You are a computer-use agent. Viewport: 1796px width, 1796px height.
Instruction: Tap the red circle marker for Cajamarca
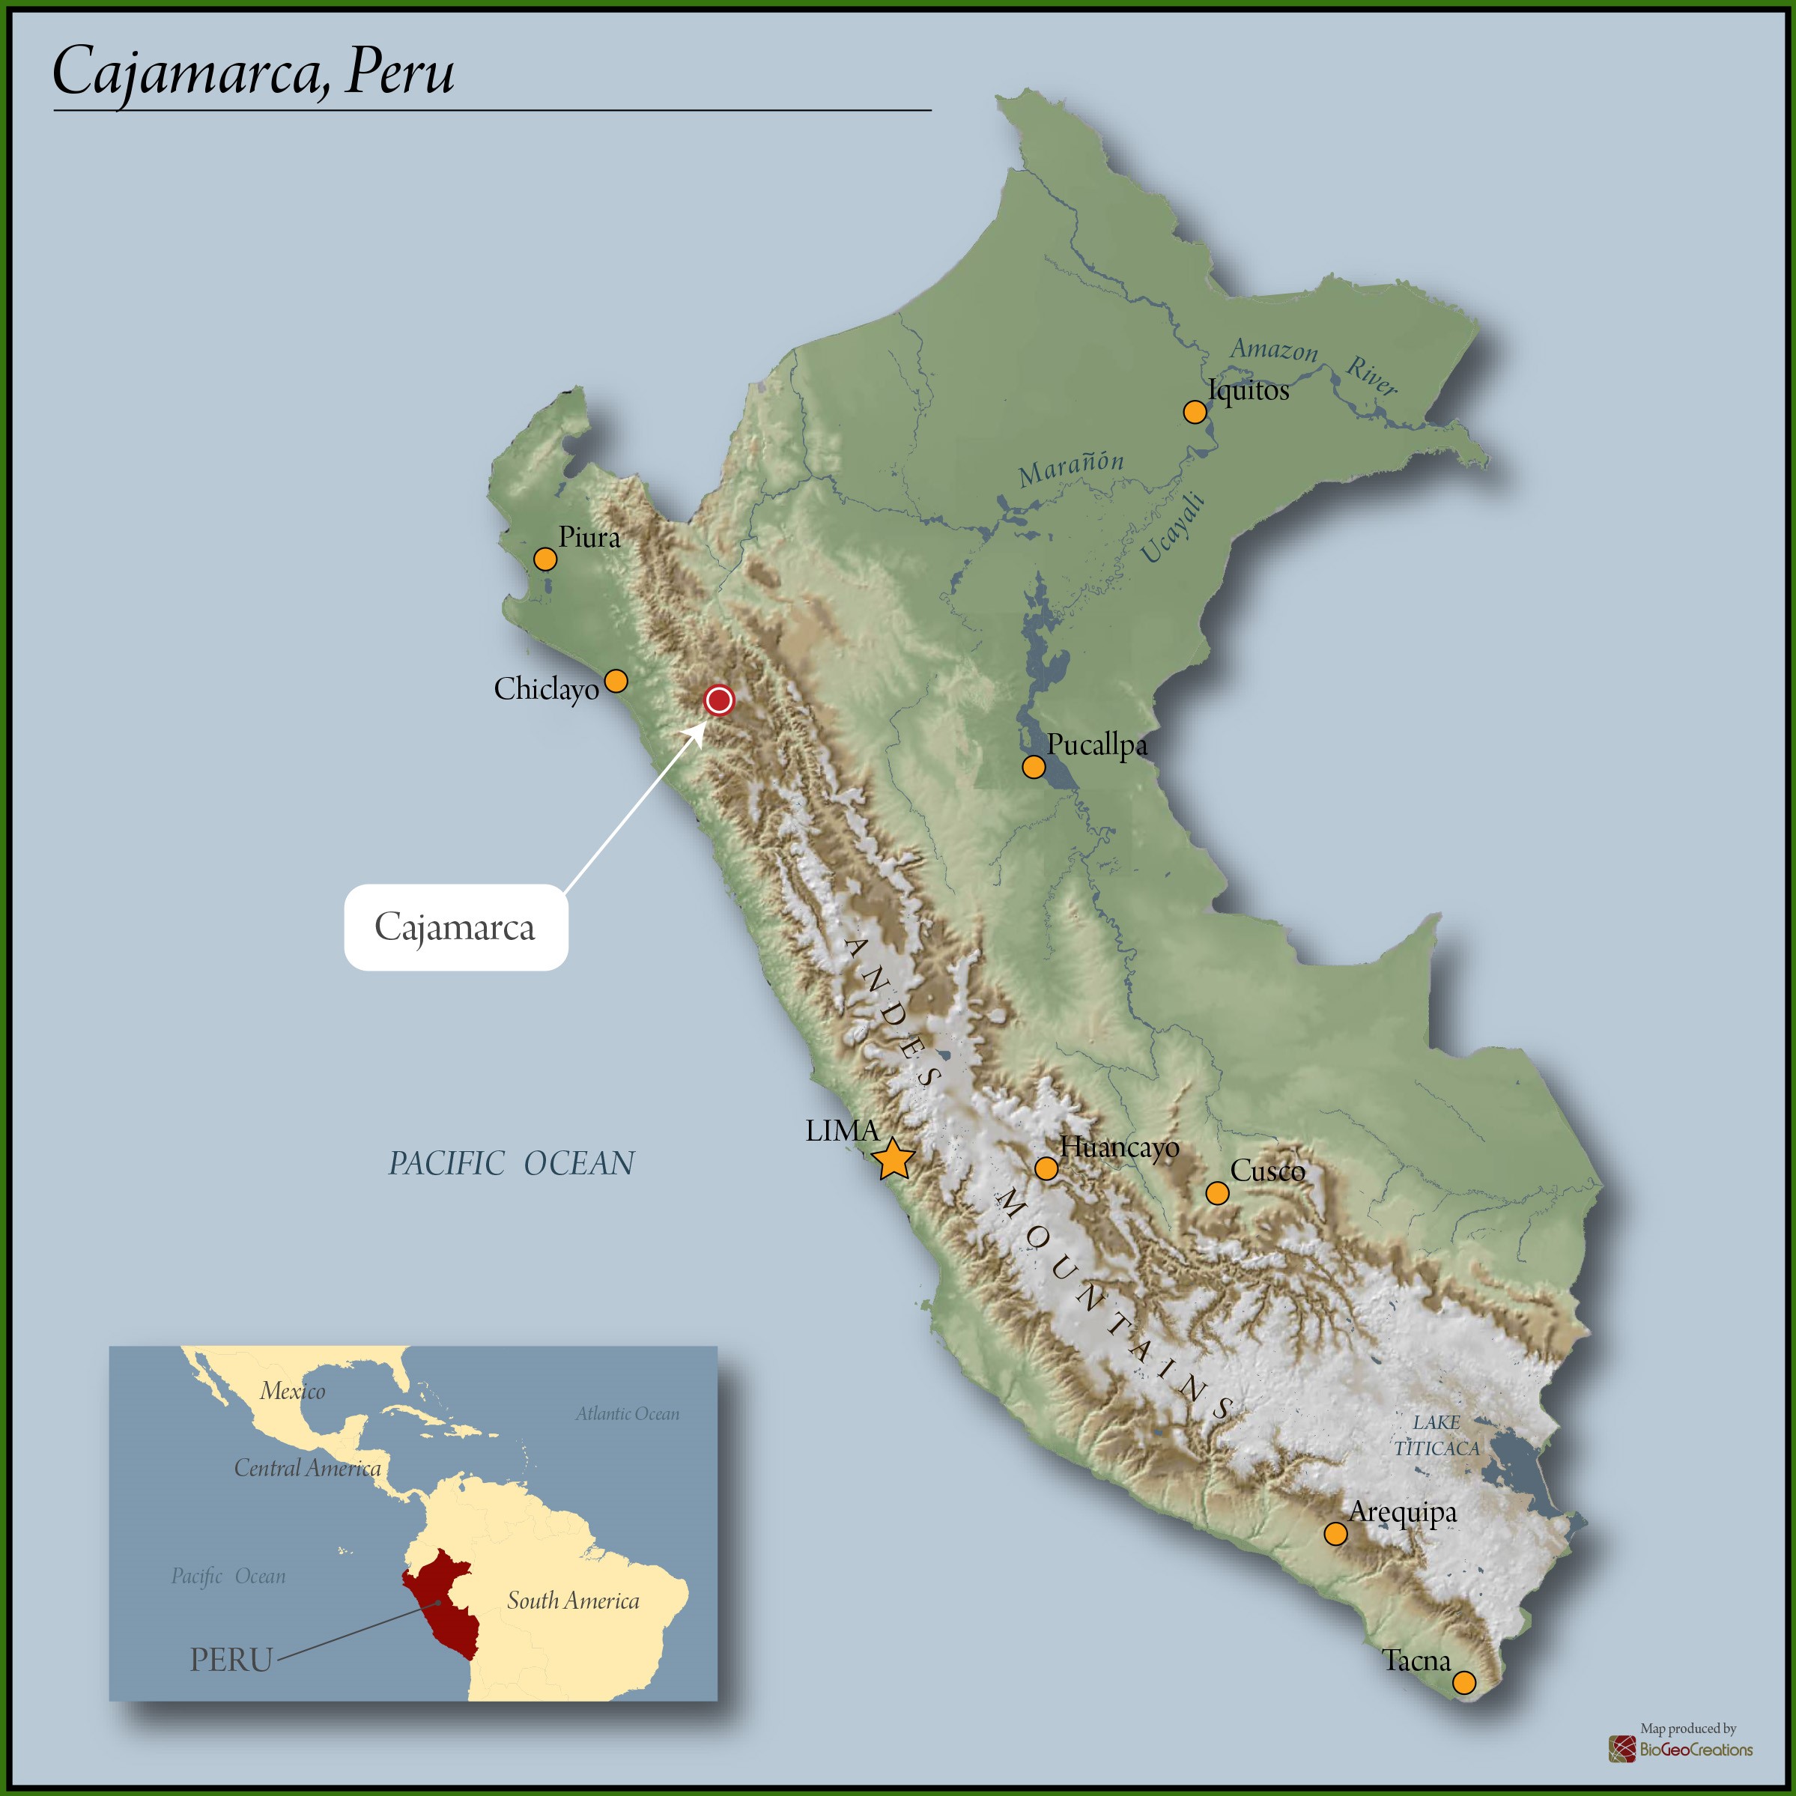(x=718, y=700)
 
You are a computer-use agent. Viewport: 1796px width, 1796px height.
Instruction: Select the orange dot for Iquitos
(x=1195, y=412)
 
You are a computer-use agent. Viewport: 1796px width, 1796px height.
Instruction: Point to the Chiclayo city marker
(x=616, y=682)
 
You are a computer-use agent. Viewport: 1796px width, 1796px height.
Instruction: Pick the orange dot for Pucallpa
(x=1034, y=767)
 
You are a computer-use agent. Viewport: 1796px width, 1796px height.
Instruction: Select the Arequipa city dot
(x=1335, y=1534)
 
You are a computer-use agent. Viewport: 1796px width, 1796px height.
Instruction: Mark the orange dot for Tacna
(x=1464, y=1708)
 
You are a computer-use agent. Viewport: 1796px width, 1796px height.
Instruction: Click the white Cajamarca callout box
(x=455, y=928)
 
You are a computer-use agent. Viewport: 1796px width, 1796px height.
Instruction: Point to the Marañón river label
(x=1071, y=470)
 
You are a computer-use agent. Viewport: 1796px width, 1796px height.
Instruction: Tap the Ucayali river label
(x=1173, y=529)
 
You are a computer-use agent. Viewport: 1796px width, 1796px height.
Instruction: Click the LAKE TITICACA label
(x=1437, y=1435)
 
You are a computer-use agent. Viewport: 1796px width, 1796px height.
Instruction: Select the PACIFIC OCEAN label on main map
(x=512, y=1163)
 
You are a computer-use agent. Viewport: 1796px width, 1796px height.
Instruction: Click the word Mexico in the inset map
(x=293, y=1392)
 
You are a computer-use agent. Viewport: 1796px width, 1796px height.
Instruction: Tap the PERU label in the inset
(x=231, y=1660)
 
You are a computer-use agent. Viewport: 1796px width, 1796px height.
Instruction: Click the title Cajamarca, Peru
(x=254, y=72)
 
